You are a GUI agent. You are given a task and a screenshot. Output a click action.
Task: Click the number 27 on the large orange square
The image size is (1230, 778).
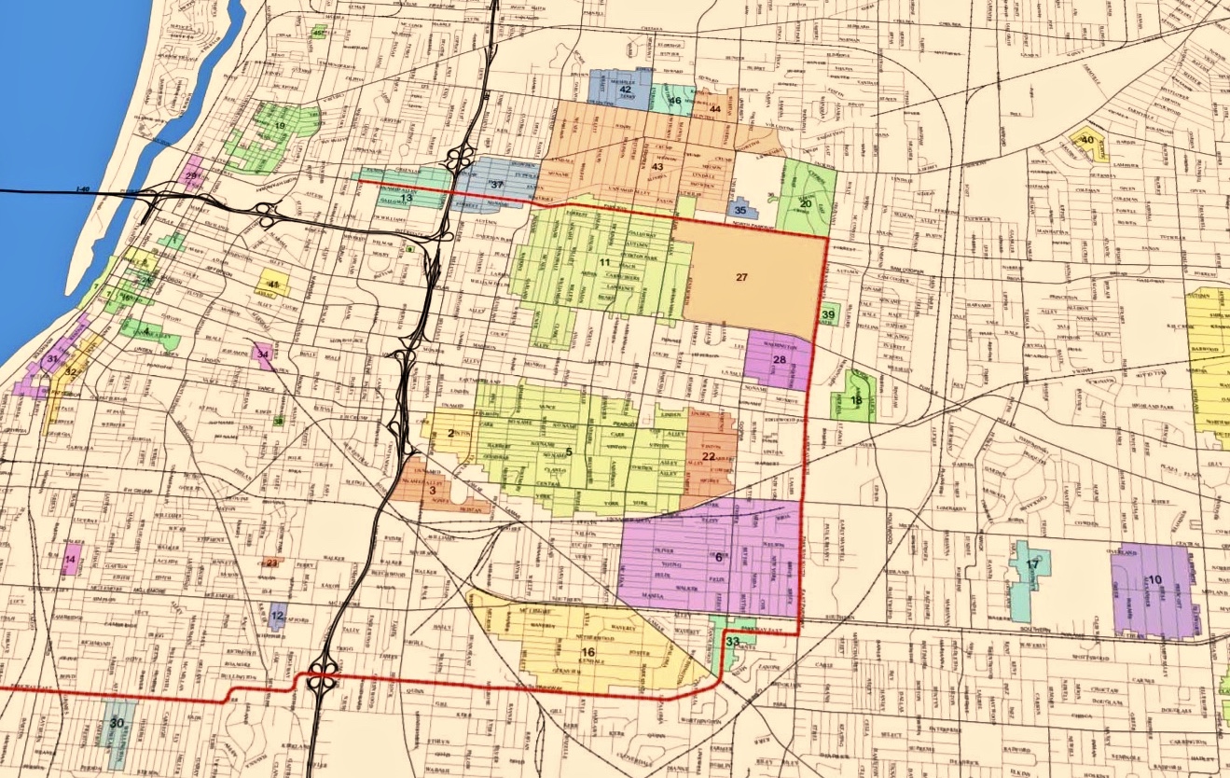point(741,277)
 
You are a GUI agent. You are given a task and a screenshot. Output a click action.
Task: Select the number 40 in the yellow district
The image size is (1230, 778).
point(1086,140)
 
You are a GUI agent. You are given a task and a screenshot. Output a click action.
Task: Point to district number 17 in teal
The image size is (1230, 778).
point(1032,564)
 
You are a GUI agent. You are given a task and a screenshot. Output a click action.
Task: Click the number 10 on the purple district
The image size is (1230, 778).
point(1155,579)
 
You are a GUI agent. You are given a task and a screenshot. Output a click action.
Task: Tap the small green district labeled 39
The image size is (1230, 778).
point(828,315)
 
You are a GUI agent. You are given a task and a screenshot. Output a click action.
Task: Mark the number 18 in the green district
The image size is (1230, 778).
point(856,400)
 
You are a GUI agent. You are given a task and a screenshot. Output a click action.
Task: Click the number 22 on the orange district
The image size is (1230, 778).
point(709,456)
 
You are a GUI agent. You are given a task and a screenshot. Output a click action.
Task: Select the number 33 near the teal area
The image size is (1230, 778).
point(733,642)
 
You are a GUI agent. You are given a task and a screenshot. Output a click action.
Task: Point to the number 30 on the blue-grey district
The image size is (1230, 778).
point(117,723)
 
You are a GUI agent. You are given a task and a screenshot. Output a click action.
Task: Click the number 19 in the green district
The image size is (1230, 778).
point(279,125)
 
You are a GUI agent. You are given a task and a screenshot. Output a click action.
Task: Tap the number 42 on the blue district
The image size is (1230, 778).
point(625,90)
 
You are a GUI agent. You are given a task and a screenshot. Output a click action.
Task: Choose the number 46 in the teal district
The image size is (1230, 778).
point(675,100)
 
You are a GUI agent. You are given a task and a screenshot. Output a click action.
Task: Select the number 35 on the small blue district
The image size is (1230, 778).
point(740,210)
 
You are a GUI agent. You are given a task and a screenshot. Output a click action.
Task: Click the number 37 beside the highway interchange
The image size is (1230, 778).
point(497,185)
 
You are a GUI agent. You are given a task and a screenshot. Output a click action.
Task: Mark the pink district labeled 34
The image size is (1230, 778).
point(263,354)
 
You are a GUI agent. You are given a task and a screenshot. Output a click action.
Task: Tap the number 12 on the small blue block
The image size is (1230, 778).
point(277,617)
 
